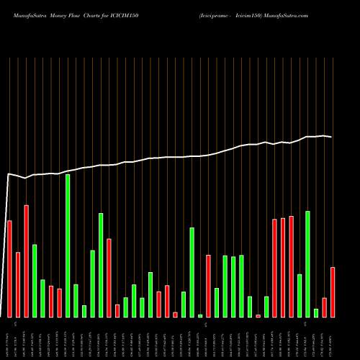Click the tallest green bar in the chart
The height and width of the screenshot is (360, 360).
(68, 246)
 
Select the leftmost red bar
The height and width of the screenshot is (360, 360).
(9, 269)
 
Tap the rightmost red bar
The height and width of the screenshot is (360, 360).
(333, 292)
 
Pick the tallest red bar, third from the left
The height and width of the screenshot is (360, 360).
(27, 261)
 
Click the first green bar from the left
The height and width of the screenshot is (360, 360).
(35, 281)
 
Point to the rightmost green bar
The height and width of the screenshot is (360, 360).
(316, 312)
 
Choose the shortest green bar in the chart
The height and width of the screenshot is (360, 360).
(200, 315)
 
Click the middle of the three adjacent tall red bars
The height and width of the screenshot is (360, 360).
(283, 267)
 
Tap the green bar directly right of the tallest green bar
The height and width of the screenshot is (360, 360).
(76, 300)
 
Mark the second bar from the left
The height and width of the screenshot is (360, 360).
(18, 284)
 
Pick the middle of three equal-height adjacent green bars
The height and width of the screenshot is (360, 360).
(233, 287)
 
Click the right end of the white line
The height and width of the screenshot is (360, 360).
(331, 137)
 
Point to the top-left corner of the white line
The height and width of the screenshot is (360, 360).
(9, 174)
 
